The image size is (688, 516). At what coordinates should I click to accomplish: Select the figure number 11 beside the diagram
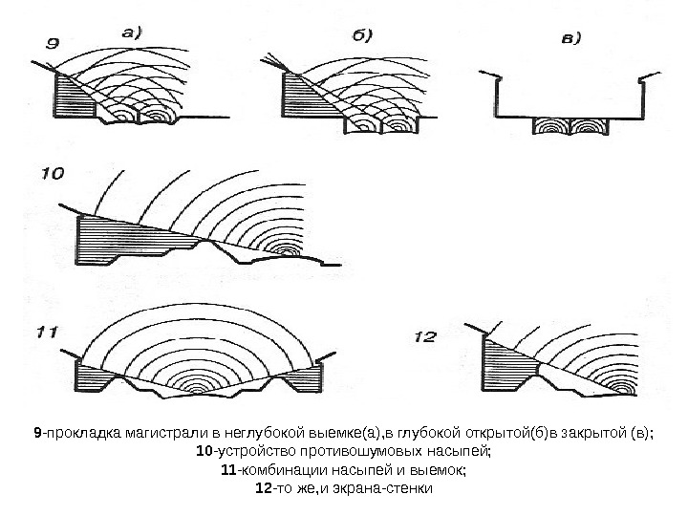pos(48,333)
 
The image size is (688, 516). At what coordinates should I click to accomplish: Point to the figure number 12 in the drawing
pos(425,336)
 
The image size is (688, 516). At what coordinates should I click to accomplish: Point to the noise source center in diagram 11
pos(198,390)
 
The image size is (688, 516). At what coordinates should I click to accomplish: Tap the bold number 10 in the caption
pos(202,451)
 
